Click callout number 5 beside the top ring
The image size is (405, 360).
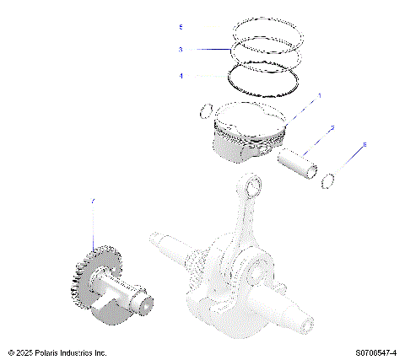[x=181, y=28]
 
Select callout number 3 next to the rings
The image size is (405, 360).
[x=181, y=50]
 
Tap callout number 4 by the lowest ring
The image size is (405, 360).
[x=181, y=76]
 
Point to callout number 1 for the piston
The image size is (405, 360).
[x=319, y=97]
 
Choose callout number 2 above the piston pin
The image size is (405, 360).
[x=332, y=127]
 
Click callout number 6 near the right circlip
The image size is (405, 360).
[x=364, y=146]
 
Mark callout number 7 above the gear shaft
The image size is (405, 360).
[x=93, y=201]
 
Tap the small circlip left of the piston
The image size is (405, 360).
[x=206, y=110]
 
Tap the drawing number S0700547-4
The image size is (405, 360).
[x=374, y=352]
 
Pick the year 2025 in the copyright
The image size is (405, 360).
[x=24, y=352]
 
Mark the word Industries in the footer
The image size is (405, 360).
[x=84, y=352]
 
